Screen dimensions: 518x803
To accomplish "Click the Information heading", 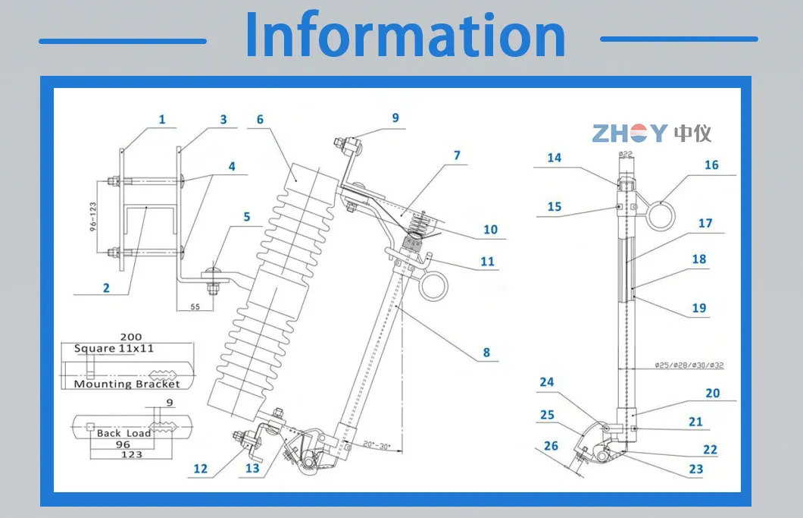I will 405,36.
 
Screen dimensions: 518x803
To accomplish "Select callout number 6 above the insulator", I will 260,120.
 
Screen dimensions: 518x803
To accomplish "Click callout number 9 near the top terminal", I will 395,118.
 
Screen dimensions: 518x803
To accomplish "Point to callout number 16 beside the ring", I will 711,165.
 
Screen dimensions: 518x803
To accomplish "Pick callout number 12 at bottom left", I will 200,469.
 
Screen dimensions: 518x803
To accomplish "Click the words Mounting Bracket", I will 127,384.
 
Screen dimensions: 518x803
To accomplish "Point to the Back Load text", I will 123,433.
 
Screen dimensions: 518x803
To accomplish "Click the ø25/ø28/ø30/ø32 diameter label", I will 689,366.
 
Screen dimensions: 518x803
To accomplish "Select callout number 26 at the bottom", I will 551,445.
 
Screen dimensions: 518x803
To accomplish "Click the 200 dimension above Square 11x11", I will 130,337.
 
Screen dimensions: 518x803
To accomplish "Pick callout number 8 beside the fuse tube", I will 486,352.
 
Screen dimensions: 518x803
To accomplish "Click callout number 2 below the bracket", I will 106,287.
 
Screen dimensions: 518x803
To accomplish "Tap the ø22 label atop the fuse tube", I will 626,154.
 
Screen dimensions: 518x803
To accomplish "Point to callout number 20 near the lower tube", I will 712,393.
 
